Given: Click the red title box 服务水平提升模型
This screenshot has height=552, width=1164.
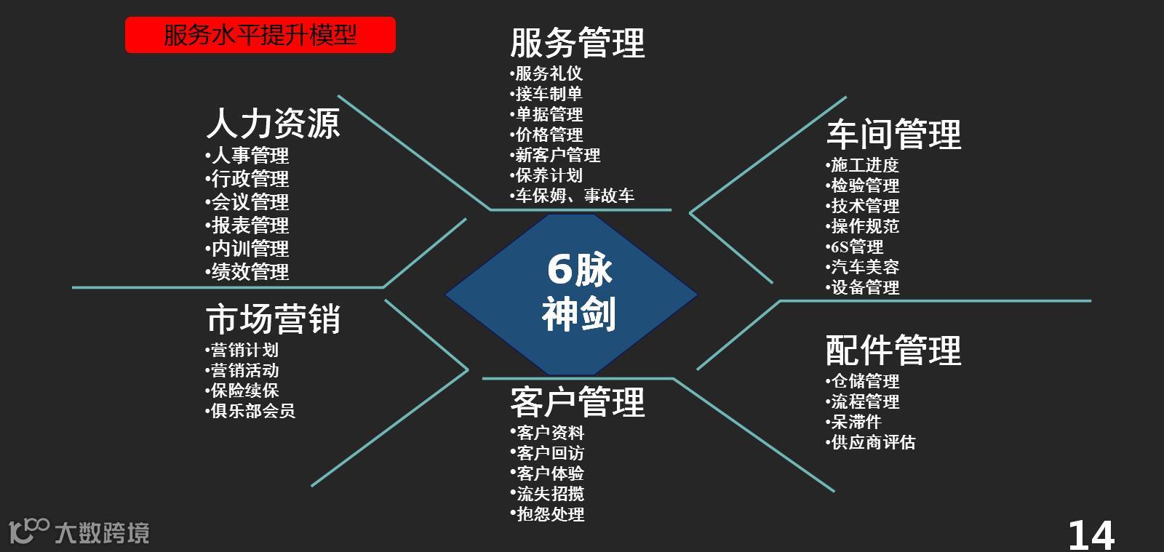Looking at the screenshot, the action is [x=260, y=35].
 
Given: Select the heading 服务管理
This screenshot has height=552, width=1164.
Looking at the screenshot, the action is [x=577, y=42].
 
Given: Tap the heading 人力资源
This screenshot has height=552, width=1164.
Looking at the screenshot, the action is [x=273, y=123].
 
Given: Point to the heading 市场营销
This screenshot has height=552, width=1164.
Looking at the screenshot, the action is [x=273, y=319].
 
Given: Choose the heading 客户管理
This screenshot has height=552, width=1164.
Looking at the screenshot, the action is [x=577, y=402].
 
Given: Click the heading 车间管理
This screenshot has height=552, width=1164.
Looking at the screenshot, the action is [x=893, y=135].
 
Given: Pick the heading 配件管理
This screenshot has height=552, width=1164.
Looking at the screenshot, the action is [x=893, y=350].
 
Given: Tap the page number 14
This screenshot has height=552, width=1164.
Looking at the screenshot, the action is [x=1091, y=535].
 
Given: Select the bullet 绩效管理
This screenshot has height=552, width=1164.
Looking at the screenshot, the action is [x=249, y=272].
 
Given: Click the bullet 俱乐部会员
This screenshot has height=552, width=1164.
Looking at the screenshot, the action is [x=252, y=411].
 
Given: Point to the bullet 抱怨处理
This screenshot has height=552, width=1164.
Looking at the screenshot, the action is [x=549, y=514].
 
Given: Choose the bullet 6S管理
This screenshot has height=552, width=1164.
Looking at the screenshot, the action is [x=856, y=247].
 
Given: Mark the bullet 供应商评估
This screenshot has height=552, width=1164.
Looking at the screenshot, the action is [x=872, y=442].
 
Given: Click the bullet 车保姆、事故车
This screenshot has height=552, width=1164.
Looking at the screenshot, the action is [x=573, y=196].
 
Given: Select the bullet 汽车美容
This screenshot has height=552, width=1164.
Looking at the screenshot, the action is [x=864, y=267].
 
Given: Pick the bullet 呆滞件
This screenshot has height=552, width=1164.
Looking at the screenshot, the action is [x=856, y=422].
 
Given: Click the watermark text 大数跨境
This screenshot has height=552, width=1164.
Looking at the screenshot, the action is [x=102, y=533].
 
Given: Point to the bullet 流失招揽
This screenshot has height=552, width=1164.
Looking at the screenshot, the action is [x=549, y=494].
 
